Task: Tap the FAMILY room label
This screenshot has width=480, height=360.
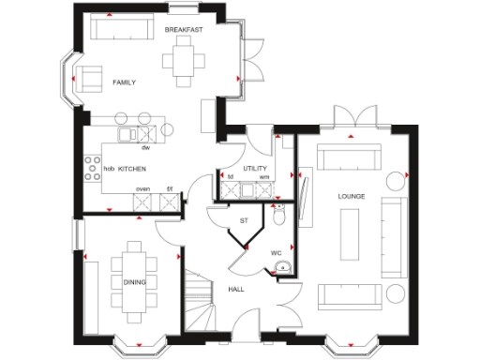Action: click(124, 82)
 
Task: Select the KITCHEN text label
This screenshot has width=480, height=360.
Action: click(132, 168)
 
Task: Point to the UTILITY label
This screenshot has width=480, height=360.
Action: click(255, 168)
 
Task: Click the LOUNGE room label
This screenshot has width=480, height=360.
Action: click(352, 196)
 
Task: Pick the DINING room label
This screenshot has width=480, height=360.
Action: click(135, 281)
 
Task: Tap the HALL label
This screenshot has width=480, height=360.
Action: click(236, 289)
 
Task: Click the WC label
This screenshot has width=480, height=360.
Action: click(277, 252)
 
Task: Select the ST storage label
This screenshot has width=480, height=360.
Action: click(244, 221)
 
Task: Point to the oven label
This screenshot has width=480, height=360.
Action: click(142, 189)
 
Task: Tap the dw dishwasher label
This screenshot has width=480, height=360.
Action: click(145, 148)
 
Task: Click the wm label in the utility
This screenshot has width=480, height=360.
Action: click(264, 176)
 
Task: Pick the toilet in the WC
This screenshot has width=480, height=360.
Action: click(279, 216)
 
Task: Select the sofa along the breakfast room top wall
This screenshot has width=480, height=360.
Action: click(113, 29)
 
